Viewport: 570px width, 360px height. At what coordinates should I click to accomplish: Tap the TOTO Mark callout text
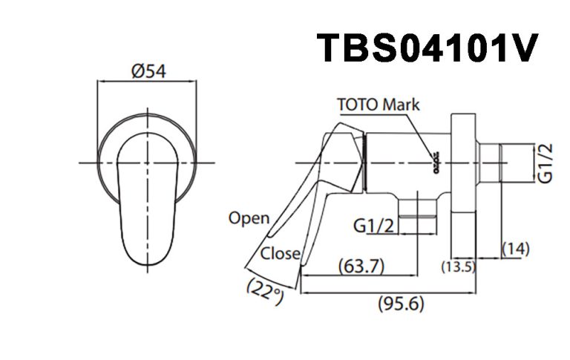point(379,104)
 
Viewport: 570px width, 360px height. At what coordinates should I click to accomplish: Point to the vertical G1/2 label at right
point(546,163)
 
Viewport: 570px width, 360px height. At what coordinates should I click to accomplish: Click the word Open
point(249,218)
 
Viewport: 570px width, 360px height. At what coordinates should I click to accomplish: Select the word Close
point(280,253)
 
